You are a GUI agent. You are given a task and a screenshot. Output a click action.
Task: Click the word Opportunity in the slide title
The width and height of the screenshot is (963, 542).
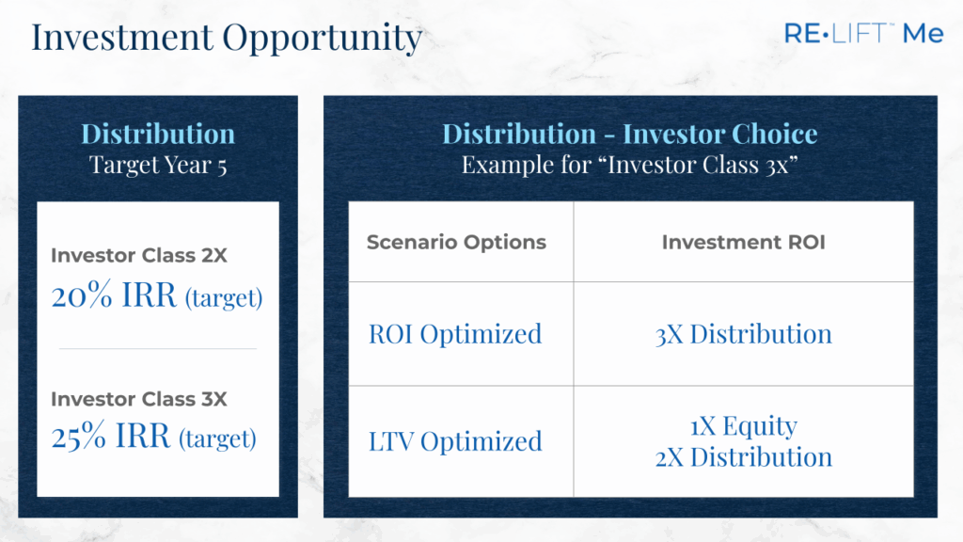323,39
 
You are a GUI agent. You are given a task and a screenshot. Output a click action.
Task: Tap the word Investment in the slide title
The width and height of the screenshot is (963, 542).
122,37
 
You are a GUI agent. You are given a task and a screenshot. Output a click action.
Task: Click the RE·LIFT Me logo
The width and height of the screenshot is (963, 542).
863,33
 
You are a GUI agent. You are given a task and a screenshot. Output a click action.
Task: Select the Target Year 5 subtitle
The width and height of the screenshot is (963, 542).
158,166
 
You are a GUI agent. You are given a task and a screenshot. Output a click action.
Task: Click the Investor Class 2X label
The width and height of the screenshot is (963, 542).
139,255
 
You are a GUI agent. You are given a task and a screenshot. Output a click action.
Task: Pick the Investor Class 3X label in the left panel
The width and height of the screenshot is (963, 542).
139,399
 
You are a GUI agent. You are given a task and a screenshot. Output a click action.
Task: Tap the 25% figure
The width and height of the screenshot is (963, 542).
79,437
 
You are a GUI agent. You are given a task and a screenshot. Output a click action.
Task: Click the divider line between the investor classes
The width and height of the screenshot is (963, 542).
158,348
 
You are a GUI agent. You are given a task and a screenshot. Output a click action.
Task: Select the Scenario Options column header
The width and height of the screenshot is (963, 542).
456,242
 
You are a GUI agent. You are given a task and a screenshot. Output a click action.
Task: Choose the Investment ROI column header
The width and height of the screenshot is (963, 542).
743,242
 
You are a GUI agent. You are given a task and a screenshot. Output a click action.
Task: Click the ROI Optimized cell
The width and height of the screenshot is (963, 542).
455,335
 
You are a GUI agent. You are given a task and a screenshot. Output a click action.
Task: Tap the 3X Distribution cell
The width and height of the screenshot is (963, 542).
743,335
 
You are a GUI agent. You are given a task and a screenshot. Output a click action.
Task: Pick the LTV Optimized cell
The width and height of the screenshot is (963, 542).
455,442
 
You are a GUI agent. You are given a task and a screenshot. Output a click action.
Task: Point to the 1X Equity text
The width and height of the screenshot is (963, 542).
743,426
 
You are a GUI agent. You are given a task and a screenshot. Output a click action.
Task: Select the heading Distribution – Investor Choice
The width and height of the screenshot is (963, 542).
629,134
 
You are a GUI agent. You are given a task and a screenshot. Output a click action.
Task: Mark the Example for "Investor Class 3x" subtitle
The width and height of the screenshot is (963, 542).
629,166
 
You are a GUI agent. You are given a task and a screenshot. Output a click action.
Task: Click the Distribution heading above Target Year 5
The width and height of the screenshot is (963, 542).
158,134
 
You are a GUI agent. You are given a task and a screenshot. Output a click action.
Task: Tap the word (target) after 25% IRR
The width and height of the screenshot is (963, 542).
217,438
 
